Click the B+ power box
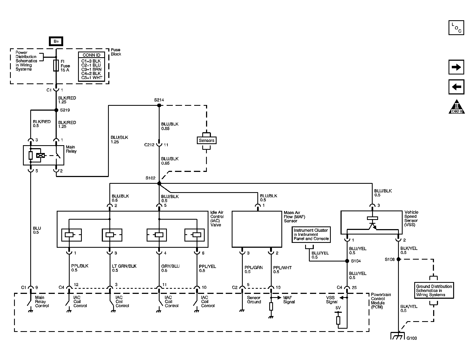point(56,41)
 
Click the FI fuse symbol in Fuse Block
point(56,66)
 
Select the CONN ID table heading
point(91,55)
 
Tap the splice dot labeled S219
point(56,110)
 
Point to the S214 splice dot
point(159,105)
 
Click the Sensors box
point(207,140)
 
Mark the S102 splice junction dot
point(159,183)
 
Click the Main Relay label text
point(71,149)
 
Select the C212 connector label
point(149,145)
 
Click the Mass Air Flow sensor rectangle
point(257,229)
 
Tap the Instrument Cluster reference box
point(311,235)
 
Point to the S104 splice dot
point(347,261)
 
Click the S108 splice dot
point(398,259)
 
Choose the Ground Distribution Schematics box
point(434,290)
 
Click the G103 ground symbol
point(398,336)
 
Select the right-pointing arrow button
point(456,67)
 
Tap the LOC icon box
point(456,28)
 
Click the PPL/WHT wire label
point(282,268)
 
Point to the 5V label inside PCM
point(338,308)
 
